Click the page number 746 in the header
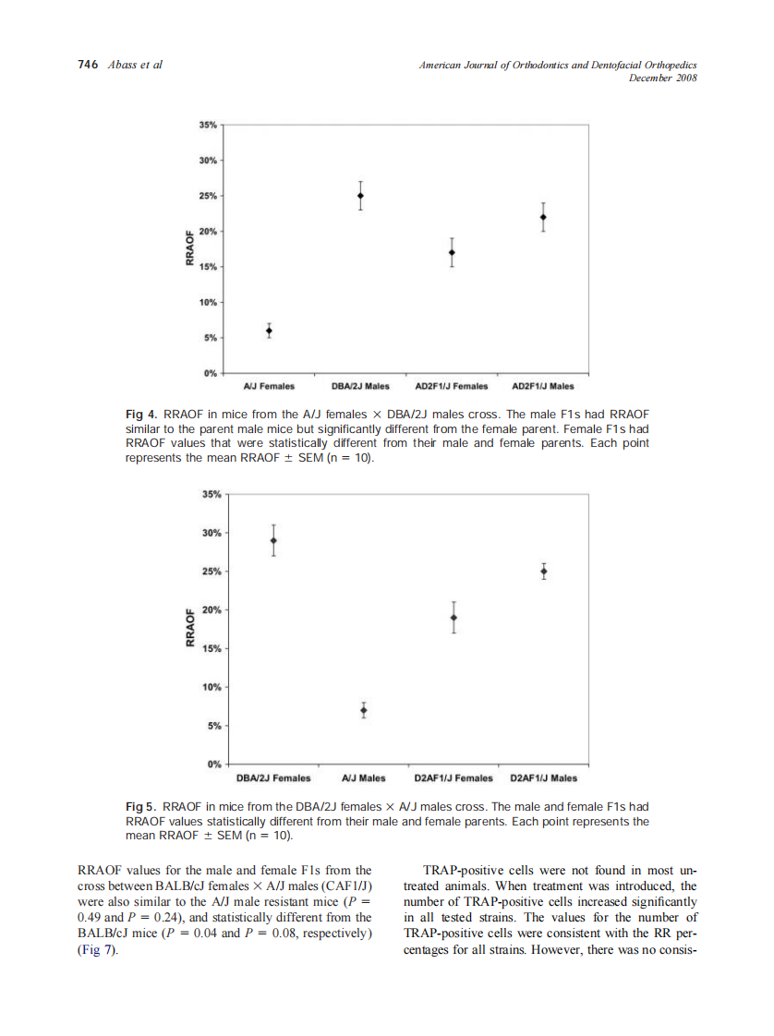(87, 65)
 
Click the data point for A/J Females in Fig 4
(269, 331)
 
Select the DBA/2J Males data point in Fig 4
(360, 196)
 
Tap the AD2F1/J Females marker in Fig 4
(452, 252)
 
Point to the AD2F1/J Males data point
(543, 218)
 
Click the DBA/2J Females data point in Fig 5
(273, 540)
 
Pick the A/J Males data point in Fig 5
(364, 710)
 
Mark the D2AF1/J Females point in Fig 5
(454, 618)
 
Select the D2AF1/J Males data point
(543, 572)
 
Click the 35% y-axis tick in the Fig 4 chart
(208, 125)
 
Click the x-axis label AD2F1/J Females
(452, 386)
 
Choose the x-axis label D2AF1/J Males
(543, 777)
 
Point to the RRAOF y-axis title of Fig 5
(190, 628)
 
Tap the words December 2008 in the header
(661, 78)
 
